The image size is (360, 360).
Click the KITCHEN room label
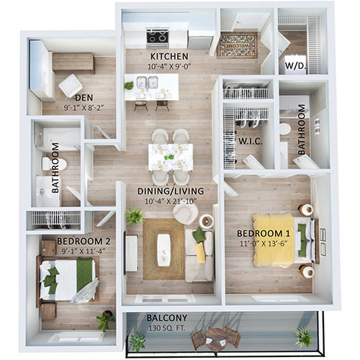[x=168, y=55]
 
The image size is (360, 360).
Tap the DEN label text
[x=85, y=100]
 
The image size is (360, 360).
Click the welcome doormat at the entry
[x=237, y=45]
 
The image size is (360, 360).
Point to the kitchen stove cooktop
[x=158, y=35]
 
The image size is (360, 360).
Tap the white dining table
[x=171, y=156]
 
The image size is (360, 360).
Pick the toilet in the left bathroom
[x=53, y=164]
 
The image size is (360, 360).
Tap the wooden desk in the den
[x=73, y=61]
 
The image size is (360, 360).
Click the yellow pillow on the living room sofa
[x=201, y=252]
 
